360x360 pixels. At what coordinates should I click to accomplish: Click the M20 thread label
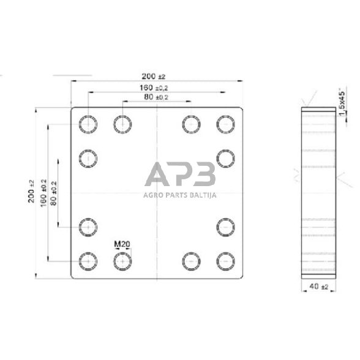pos(122,244)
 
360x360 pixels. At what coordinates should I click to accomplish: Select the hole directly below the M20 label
pos(122,261)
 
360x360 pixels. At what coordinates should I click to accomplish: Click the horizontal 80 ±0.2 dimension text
pos(156,97)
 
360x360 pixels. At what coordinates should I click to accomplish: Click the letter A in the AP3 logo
pos(158,175)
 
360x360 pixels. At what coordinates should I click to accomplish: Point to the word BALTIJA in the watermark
pos(204,196)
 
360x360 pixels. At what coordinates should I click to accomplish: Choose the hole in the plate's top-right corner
pos(226,124)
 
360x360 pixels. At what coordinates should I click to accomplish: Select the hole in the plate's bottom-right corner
pos(226,261)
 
